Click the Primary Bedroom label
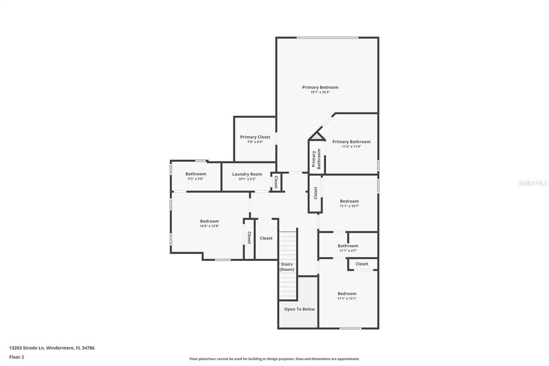(x=320, y=87)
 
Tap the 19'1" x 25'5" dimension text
(x=320, y=92)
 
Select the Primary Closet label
(x=255, y=137)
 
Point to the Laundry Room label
(x=247, y=174)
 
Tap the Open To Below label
(x=299, y=309)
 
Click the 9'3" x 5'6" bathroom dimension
(x=196, y=178)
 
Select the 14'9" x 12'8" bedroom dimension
(x=209, y=226)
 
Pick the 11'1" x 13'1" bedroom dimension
(x=347, y=298)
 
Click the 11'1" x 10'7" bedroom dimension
(x=349, y=206)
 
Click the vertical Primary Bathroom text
(x=316, y=159)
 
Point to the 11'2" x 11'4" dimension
(x=351, y=146)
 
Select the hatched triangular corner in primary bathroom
(x=317, y=137)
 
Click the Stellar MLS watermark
(x=533, y=183)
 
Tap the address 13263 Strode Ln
(x=51, y=348)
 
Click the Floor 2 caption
(x=16, y=357)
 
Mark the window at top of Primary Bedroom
(x=327, y=38)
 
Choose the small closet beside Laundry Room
(x=276, y=182)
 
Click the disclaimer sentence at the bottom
(x=274, y=359)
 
